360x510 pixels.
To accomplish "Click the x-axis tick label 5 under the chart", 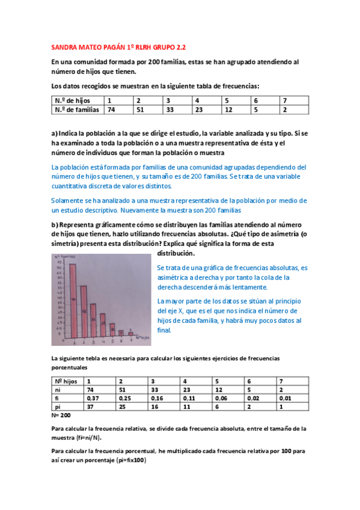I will pyautogui.click(x=112, y=342).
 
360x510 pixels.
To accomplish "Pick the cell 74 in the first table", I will pyautogui.click(x=111, y=109).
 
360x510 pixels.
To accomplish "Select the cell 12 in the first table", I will pyautogui.click(x=229, y=109).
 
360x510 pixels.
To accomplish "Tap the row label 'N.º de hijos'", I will pyautogui.click(x=70, y=100).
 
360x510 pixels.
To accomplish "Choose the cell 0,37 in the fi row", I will pyautogui.click(x=94, y=398).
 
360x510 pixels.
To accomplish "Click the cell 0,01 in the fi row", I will pyautogui.click(x=287, y=398).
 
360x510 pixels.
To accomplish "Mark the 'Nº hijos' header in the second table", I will pyautogui.click(x=66, y=381).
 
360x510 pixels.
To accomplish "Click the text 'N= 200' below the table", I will pyautogui.click(x=61, y=415).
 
